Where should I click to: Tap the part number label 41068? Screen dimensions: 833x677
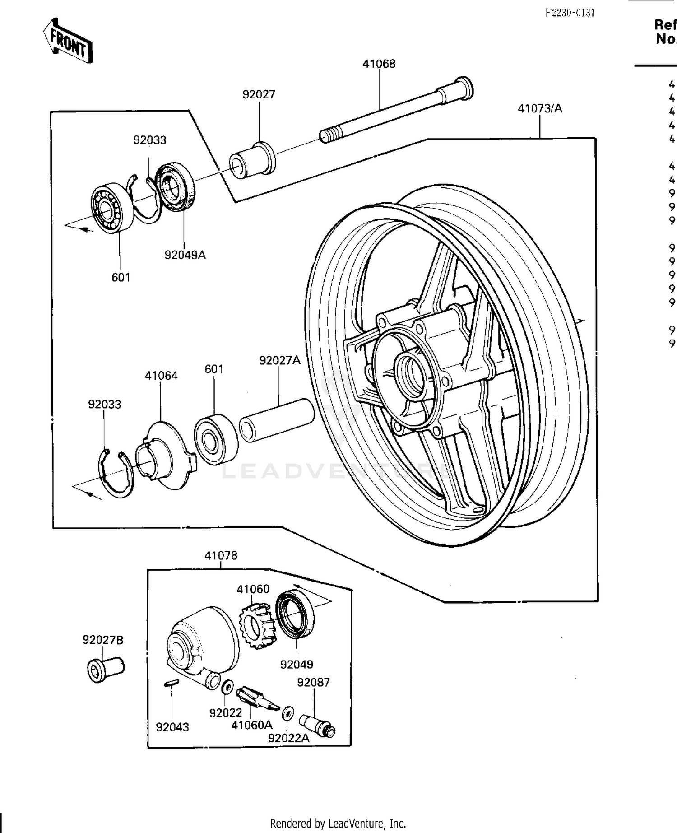379,64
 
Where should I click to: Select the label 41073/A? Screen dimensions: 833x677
540,108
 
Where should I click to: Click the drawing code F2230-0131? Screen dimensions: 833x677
570,13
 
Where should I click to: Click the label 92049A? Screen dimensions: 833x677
185,255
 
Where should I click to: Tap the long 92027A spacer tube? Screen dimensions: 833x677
276,420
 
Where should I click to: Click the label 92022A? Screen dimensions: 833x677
289,738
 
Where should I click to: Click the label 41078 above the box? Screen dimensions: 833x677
221,555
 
